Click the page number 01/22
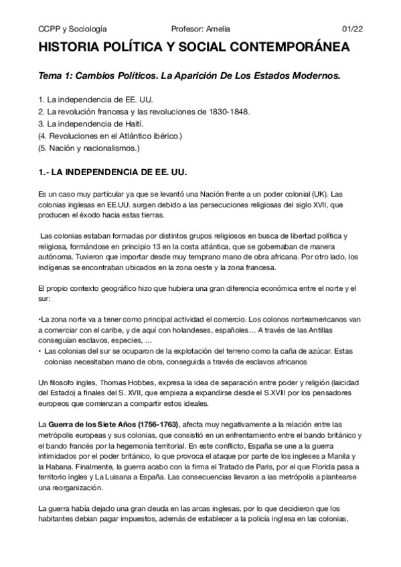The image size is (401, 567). click(352, 29)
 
